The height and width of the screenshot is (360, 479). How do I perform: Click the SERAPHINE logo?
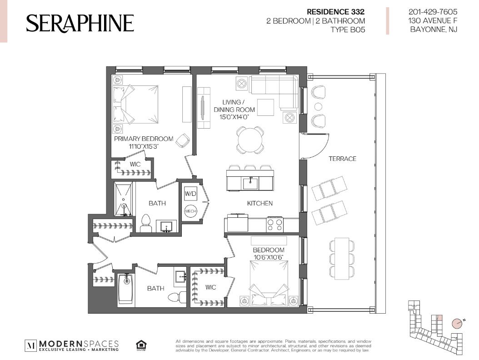pos(80,23)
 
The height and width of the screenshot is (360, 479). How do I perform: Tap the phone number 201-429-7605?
pos(433,12)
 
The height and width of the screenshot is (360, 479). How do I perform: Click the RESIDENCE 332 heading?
pos(335,12)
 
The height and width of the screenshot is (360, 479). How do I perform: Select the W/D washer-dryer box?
pos(190,194)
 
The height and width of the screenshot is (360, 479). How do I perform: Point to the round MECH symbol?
pos(190,211)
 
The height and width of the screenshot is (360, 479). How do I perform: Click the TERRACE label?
pos(343,159)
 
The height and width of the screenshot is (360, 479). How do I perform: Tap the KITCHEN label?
pos(259,203)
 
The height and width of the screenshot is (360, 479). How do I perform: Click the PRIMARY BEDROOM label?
pos(144,139)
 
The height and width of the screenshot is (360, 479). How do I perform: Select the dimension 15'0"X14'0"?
pos(235,117)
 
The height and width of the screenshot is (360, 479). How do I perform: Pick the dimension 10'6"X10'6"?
pos(269,257)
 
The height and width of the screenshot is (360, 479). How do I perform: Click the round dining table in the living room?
pos(250,140)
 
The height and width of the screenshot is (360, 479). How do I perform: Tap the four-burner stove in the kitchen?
pos(275,224)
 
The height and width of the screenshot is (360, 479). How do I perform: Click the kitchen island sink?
pos(251,183)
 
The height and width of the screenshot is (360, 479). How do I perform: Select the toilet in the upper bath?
pos(146,223)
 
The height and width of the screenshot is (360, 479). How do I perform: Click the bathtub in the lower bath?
pos(125,289)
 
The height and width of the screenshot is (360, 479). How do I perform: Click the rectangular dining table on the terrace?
pos(342,258)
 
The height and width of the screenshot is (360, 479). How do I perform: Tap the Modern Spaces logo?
pos(71,345)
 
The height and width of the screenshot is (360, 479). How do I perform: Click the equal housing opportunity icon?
pos(141,345)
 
